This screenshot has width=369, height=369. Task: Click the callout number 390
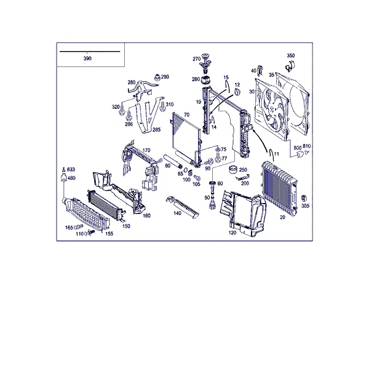click(87, 58)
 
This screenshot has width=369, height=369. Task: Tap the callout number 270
click(197, 59)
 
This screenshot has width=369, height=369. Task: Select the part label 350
click(291, 55)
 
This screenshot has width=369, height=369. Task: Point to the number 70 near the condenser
click(186, 115)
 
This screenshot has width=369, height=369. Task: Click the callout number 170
click(146, 150)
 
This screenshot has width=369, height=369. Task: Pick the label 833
click(71, 170)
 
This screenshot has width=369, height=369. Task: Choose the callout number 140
click(177, 213)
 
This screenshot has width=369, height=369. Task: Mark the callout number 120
click(232, 232)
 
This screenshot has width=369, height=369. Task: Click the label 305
click(305, 206)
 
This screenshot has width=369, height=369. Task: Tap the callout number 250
click(243, 170)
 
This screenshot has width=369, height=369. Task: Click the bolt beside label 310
click(162, 106)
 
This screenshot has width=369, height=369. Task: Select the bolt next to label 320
click(122, 111)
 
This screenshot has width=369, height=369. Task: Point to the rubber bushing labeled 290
click(157, 77)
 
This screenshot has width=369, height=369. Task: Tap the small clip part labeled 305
click(304, 199)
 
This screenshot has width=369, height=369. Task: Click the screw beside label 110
click(90, 232)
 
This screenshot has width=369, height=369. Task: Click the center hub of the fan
click(273, 109)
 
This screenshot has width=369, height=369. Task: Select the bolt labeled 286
click(129, 116)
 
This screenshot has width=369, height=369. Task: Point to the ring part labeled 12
click(237, 92)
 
